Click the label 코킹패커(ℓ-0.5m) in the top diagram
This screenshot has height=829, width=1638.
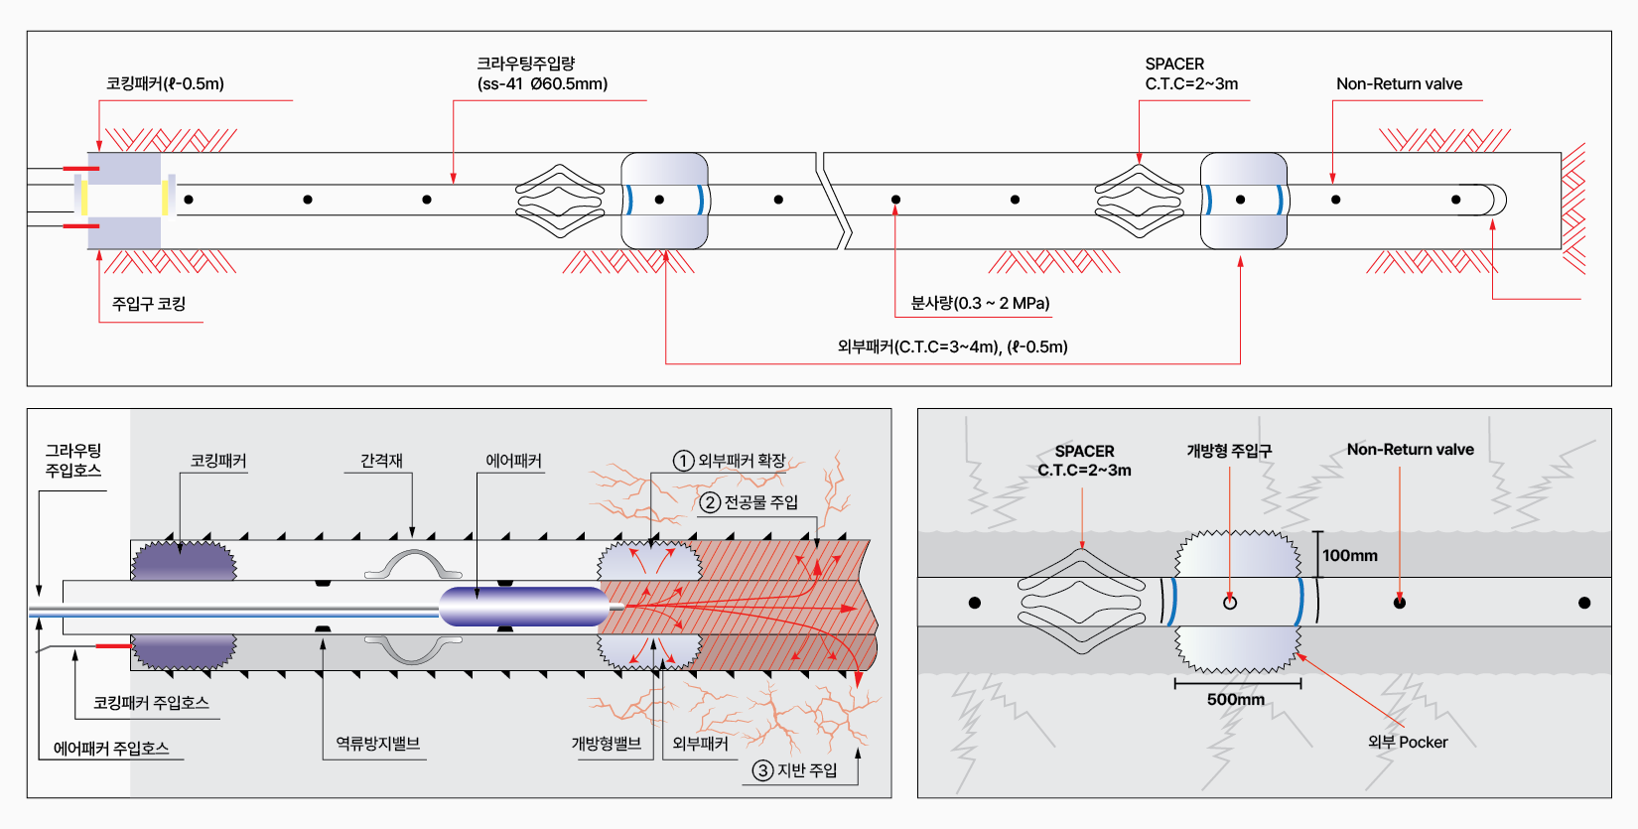point(165,83)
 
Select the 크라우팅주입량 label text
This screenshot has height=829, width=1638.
point(526,64)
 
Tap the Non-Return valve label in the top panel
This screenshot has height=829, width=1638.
point(1399,83)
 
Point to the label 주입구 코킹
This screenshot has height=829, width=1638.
point(149,303)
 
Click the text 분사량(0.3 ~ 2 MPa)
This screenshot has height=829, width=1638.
point(980,303)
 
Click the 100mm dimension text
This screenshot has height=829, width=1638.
point(1350,555)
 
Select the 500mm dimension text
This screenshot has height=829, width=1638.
point(1236,699)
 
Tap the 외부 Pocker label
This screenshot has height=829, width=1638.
point(1408,742)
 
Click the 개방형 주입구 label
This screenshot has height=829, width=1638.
point(1229,450)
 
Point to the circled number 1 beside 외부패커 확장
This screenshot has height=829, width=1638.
point(683,461)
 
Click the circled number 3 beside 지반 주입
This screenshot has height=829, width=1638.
point(762,770)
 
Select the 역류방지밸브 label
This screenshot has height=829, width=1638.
point(377,743)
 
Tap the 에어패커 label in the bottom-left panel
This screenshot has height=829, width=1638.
point(513,461)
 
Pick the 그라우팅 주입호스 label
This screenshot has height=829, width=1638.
point(73,460)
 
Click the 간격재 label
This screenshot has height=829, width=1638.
point(381,461)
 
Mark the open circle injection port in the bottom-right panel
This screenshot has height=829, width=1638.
point(1230,603)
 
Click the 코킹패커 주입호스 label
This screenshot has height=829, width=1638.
point(151,702)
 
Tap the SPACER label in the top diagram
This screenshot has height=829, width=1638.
point(1174,64)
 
